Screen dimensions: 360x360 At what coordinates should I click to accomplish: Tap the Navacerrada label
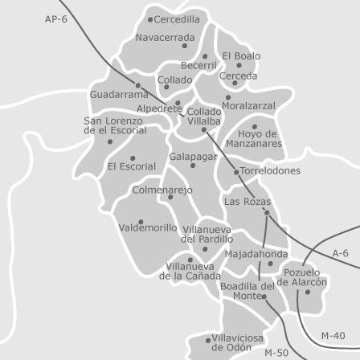165,37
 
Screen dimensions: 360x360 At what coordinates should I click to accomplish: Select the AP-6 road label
56,19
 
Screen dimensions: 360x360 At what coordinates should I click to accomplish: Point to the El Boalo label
241,56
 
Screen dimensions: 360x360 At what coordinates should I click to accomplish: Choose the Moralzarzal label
248,105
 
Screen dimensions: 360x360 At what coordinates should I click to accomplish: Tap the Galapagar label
194,156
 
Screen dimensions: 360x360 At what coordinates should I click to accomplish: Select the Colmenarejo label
162,190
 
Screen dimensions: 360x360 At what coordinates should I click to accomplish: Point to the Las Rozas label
247,202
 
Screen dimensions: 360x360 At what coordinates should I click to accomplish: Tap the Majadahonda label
256,253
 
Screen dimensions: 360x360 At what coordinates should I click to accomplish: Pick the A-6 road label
340,253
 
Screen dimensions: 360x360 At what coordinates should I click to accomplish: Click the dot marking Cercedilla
150,18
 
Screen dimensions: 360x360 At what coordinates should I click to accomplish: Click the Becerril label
198,65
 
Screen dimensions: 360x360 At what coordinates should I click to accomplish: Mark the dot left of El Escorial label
132,157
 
